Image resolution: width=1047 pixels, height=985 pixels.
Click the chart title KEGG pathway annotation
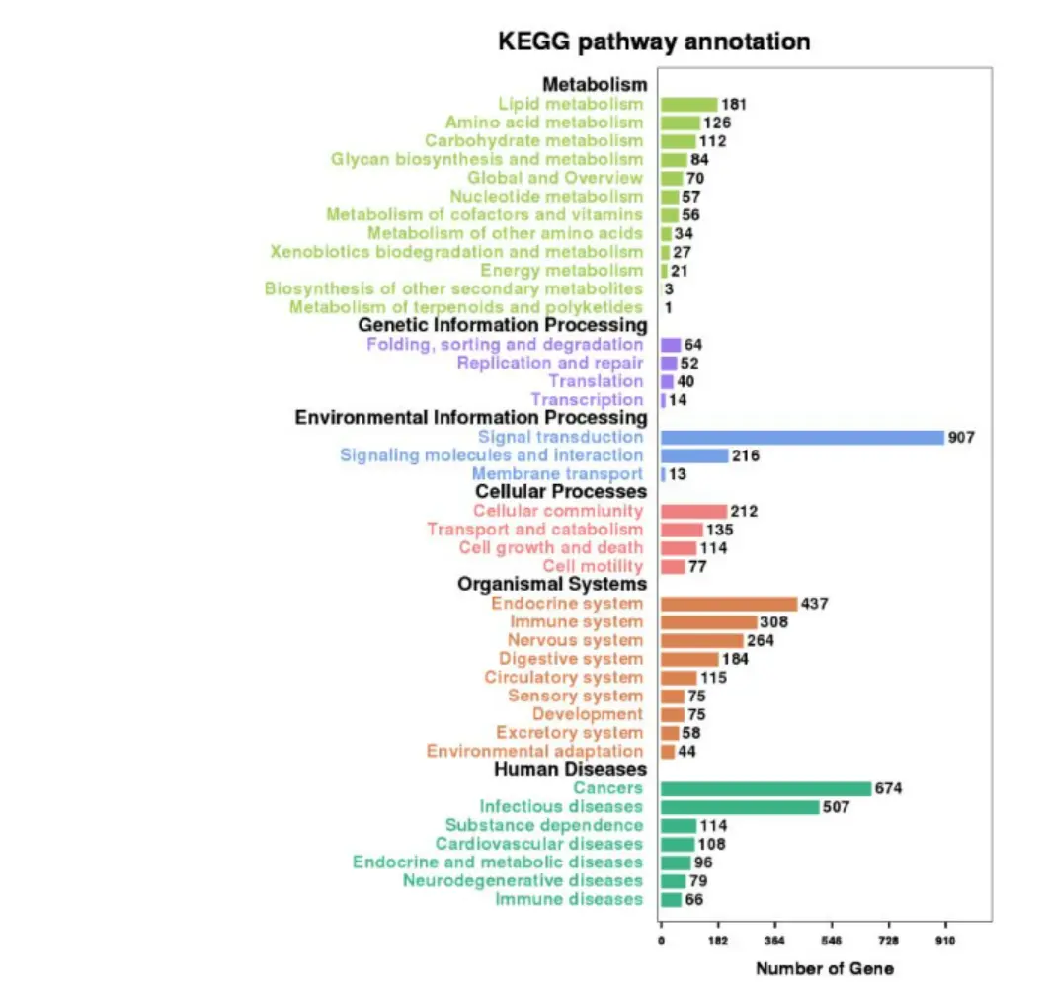(654, 41)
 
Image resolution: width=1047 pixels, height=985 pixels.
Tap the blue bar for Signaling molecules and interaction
(693, 455)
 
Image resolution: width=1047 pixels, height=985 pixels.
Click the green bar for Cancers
(765, 788)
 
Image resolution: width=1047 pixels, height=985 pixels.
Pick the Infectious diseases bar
(740, 807)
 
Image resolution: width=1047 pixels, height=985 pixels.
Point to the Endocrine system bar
(728, 604)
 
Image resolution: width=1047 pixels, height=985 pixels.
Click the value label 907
(961, 437)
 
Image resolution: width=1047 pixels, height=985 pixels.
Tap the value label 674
(889, 788)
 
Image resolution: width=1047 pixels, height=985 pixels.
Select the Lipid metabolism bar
(688, 104)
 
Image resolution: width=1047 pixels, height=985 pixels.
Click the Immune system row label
(576, 622)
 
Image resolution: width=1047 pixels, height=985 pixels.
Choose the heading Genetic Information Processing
(502, 325)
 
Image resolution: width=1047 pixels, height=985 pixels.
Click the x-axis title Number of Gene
(825, 968)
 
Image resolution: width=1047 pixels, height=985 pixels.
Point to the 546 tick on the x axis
(832, 941)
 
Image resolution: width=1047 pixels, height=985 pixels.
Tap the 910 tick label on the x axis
(945, 941)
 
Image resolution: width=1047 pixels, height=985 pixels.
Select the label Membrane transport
(557, 474)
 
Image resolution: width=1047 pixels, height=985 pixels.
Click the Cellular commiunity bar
(693, 511)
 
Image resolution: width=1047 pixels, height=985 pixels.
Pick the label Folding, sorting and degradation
(505, 345)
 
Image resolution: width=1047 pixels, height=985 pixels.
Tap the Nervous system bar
(701, 640)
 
